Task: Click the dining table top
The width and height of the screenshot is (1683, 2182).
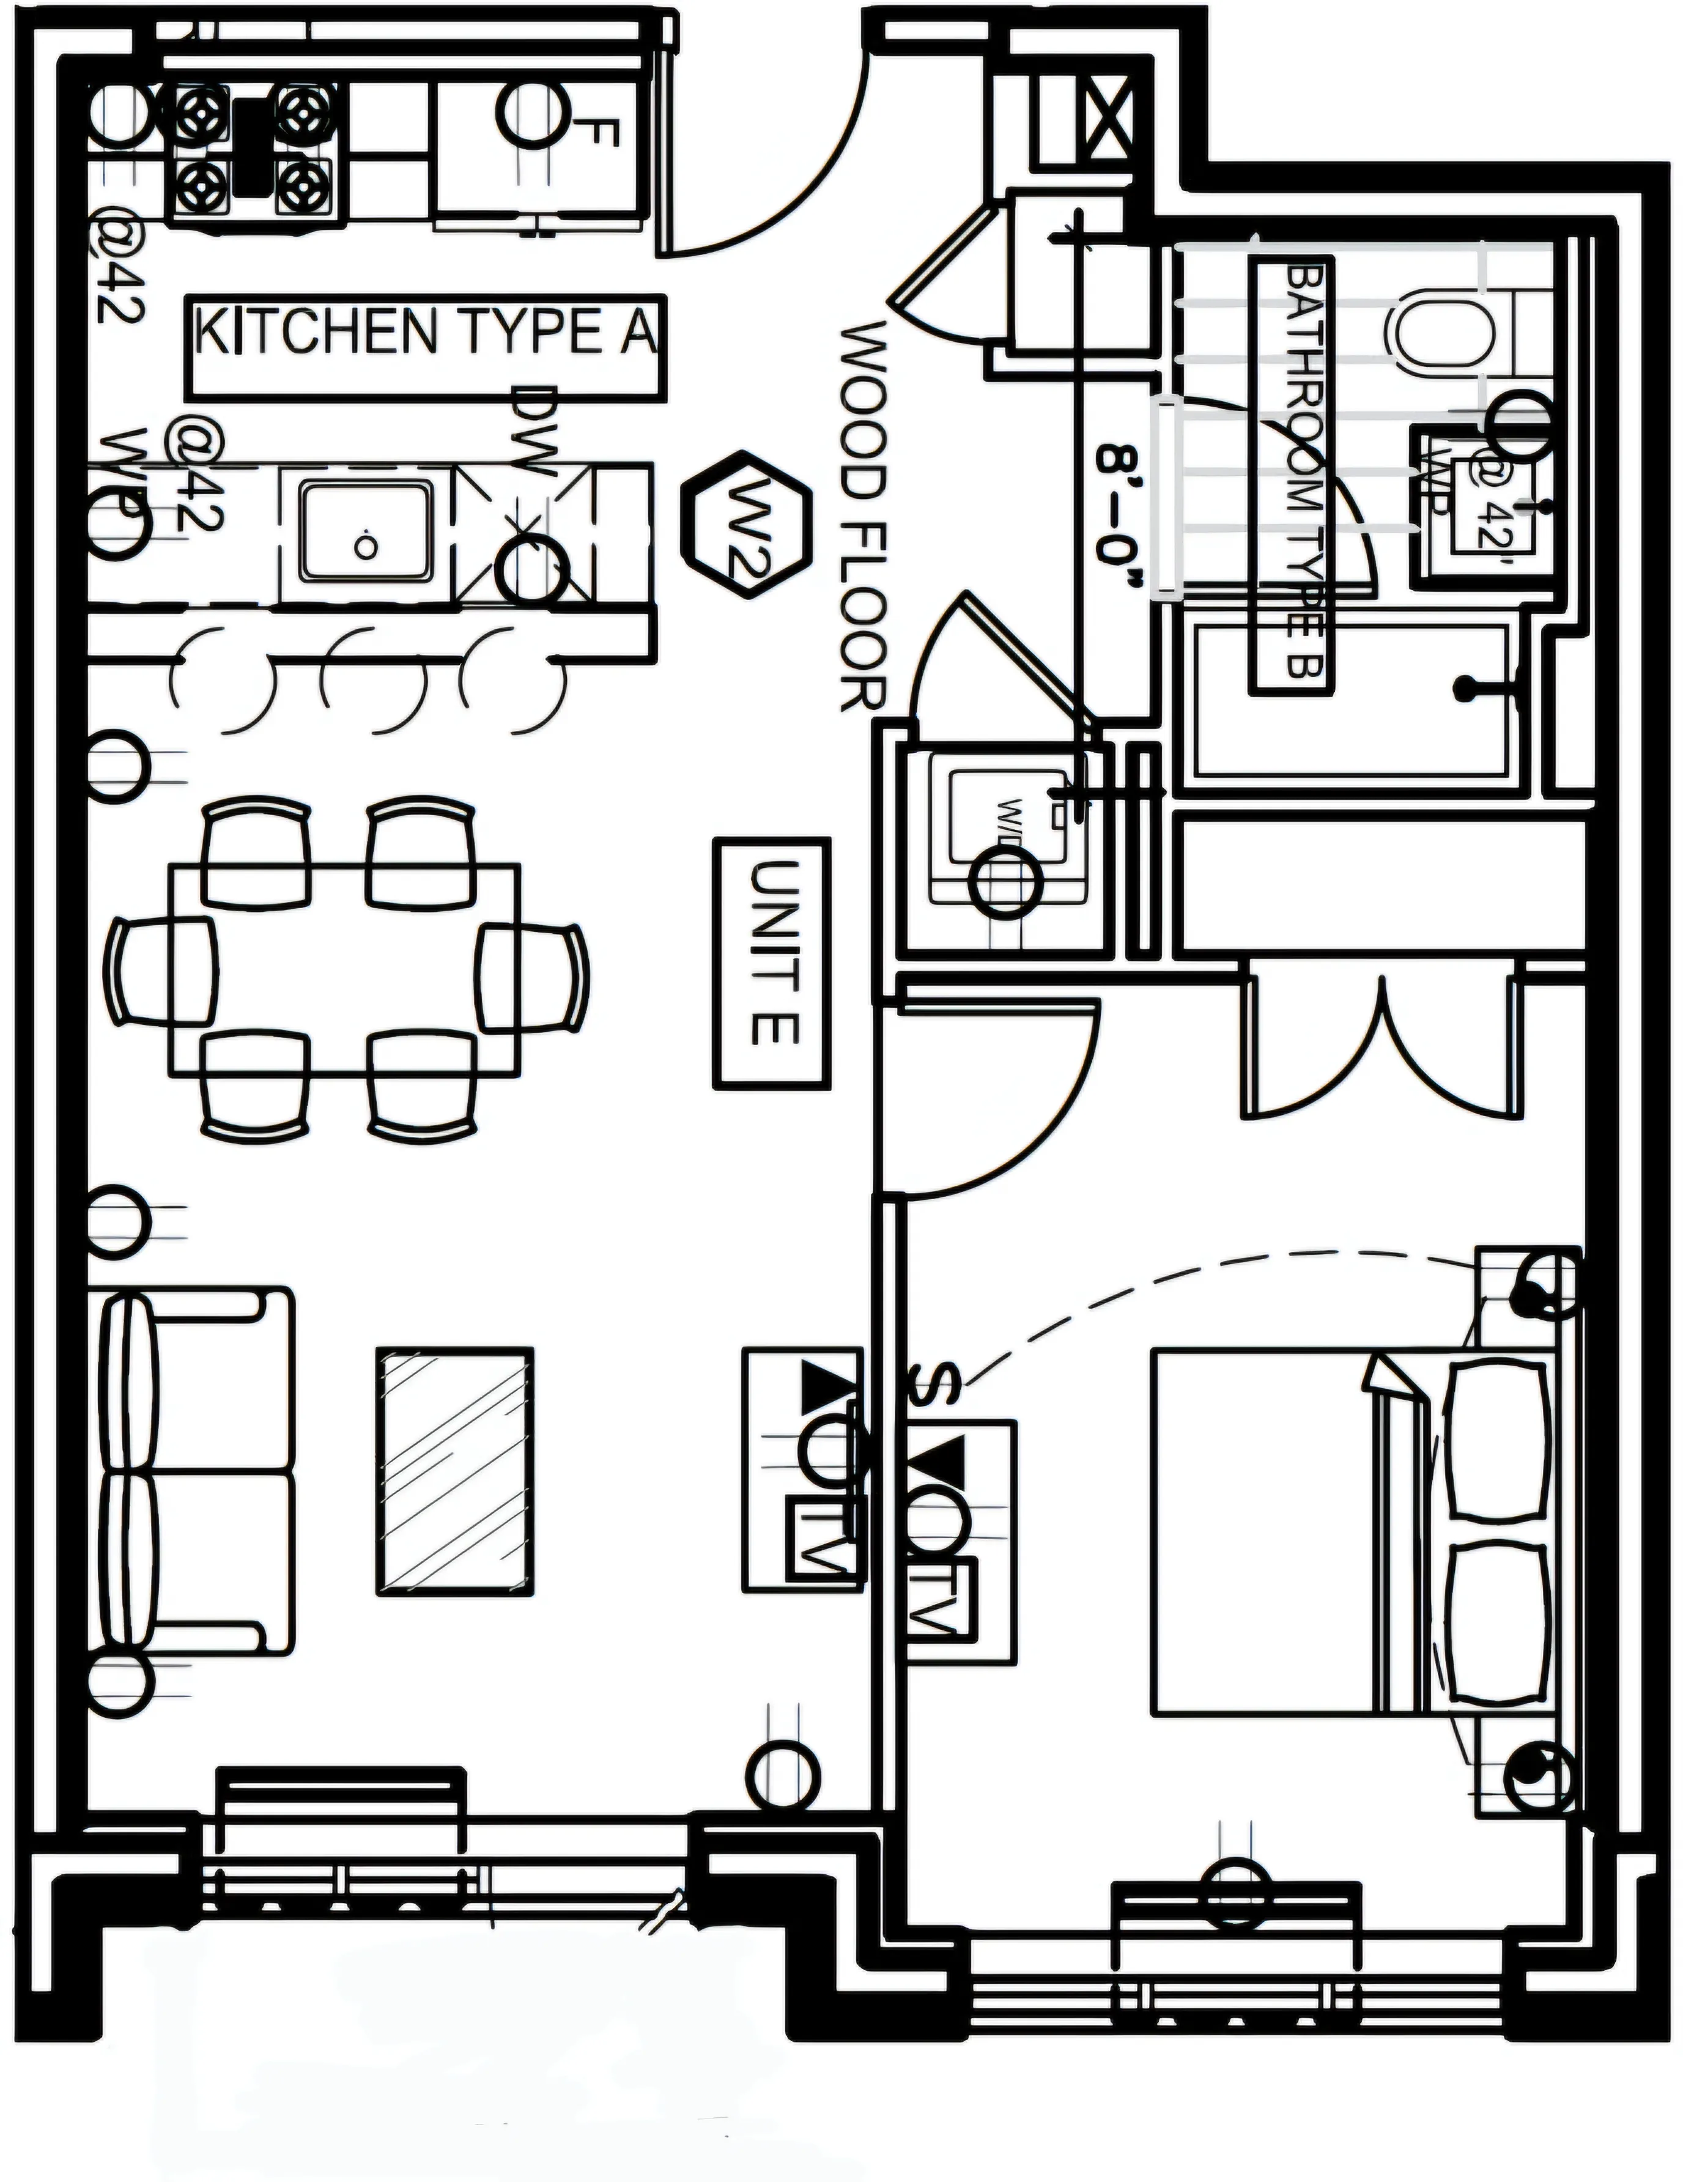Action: [x=344, y=969]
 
